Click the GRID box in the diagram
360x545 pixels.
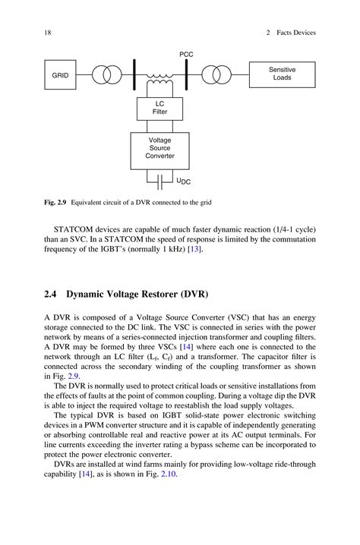[x=60, y=76]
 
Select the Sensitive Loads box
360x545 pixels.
[x=282, y=74]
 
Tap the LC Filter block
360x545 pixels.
[x=159, y=108]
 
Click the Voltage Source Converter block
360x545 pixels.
[x=159, y=149]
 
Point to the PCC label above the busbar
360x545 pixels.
[x=186, y=55]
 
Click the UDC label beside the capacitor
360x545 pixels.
[x=184, y=182]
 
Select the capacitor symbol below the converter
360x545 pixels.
[x=159, y=182]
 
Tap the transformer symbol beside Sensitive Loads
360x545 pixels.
[x=217, y=76]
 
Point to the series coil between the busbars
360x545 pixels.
[x=159, y=77]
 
